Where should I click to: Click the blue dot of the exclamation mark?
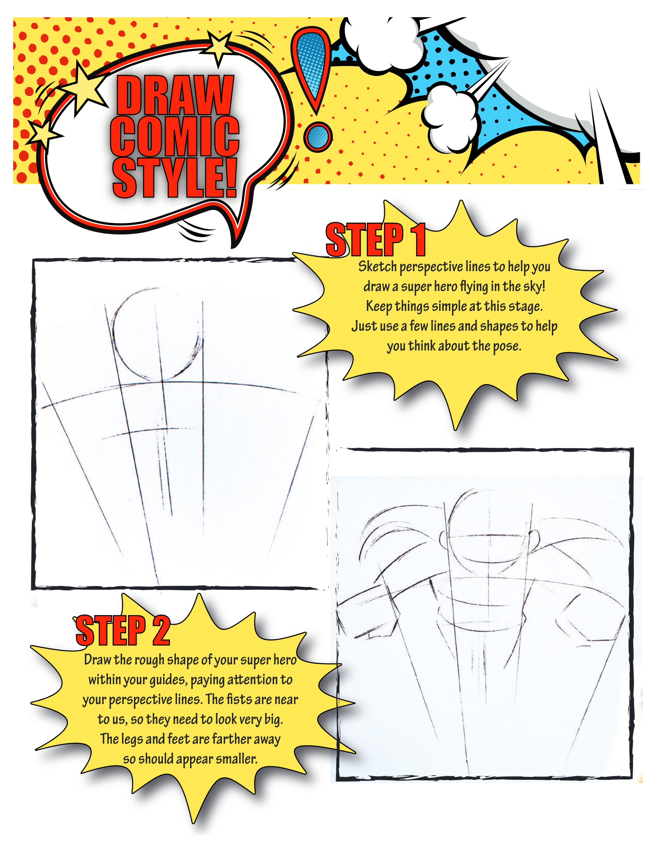(318, 137)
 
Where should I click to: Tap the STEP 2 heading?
(123, 630)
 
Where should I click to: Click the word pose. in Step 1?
(507, 346)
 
